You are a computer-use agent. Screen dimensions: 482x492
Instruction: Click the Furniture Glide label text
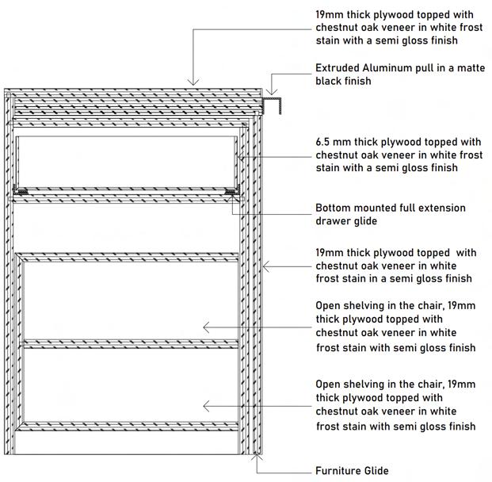(x=352, y=471)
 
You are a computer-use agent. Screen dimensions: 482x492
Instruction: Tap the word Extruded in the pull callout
(x=337, y=67)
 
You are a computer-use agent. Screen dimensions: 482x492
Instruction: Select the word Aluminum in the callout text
(x=387, y=67)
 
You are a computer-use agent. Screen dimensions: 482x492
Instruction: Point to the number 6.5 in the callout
(x=323, y=142)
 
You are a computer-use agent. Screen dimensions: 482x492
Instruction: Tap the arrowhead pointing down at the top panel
(x=192, y=81)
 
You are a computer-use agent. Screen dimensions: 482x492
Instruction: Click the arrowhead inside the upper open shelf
(x=205, y=327)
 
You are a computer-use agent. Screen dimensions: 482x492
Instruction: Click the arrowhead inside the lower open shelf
(x=205, y=406)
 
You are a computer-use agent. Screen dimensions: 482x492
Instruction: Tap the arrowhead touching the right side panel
(x=265, y=266)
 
